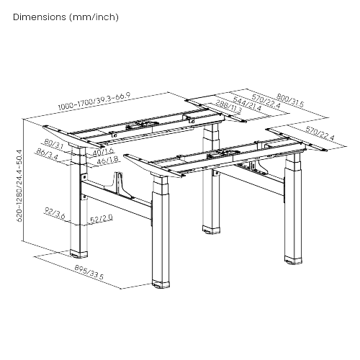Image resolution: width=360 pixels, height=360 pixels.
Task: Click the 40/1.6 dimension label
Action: click(x=103, y=152)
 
